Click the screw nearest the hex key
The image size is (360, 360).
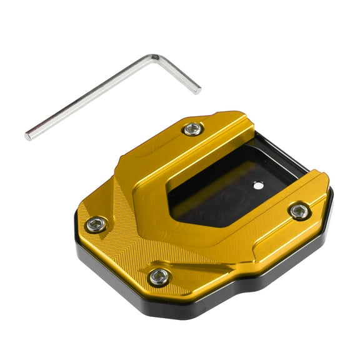193,129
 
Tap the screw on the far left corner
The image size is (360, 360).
96,224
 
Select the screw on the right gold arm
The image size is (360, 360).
299,211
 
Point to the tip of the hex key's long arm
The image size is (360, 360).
28,136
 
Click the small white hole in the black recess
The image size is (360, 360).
257,184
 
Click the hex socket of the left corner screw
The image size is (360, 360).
96,224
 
